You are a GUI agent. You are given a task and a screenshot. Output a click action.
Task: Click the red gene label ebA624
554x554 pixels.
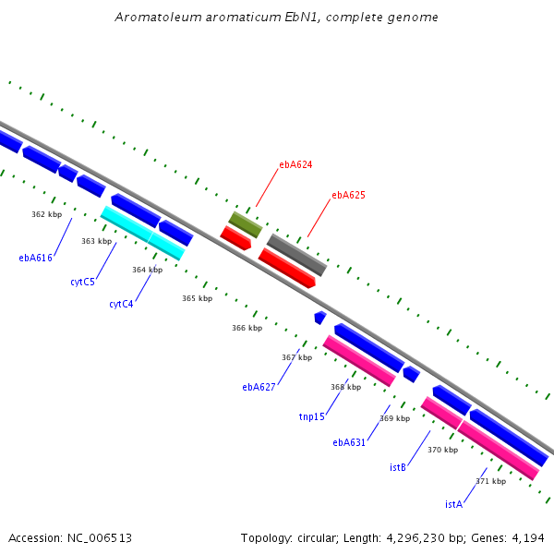(295, 164)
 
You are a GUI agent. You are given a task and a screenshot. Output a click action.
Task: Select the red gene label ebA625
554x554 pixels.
(348, 195)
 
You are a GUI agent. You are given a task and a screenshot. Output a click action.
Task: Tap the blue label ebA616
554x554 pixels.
(35, 258)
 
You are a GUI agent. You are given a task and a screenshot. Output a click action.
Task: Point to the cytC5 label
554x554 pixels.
(83, 282)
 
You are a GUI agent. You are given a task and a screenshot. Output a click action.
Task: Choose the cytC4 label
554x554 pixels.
(121, 304)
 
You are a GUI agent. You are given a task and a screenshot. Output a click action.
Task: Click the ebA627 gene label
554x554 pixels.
(259, 387)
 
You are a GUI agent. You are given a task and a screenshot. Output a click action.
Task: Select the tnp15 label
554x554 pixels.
(312, 417)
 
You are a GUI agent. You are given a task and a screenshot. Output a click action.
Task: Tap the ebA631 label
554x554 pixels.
(349, 442)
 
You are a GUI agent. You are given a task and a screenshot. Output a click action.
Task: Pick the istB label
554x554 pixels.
(398, 467)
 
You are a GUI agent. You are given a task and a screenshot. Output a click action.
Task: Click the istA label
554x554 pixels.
(454, 504)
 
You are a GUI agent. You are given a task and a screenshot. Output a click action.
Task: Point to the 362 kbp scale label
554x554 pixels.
(47, 214)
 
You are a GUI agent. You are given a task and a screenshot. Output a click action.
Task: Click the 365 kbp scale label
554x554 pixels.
(198, 298)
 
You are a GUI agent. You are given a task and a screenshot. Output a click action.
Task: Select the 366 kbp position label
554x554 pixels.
(247, 328)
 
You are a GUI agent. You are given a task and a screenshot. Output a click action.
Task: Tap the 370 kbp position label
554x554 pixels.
(442, 450)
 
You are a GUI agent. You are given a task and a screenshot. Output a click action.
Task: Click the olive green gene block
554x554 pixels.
(246, 224)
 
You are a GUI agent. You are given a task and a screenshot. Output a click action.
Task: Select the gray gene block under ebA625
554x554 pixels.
(296, 255)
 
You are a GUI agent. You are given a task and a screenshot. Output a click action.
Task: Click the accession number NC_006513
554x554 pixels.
(100, 538)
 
